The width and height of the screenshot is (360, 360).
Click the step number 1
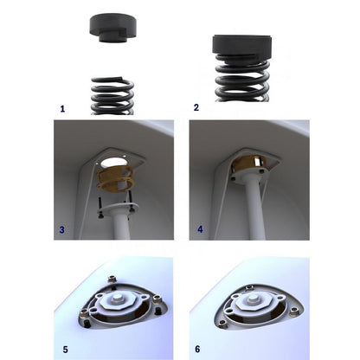(x=62, y=109)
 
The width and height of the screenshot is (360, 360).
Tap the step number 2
(x=196, y=107)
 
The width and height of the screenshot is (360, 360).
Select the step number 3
(x=61, y=230)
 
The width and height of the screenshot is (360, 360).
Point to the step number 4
(x=200, y=229)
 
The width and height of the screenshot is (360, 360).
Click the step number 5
(x=66, y=350)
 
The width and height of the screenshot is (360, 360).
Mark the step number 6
(x=197, y=349)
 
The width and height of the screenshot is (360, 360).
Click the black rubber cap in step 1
(x=112, y=29)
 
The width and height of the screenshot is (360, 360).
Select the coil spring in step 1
(x=112, y=96)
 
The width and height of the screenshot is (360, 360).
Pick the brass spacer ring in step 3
(x=115, y=180)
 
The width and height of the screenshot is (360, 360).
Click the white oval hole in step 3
(x=113, y=163)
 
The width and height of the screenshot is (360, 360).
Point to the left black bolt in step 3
(x=100, y=207)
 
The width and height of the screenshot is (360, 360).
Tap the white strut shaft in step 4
(x=254, y=210)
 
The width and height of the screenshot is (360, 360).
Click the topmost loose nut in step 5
(x=112, y=280)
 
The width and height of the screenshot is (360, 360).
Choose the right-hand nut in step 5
(x=157, y=300)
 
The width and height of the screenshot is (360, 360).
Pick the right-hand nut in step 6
(x=294, y=311)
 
